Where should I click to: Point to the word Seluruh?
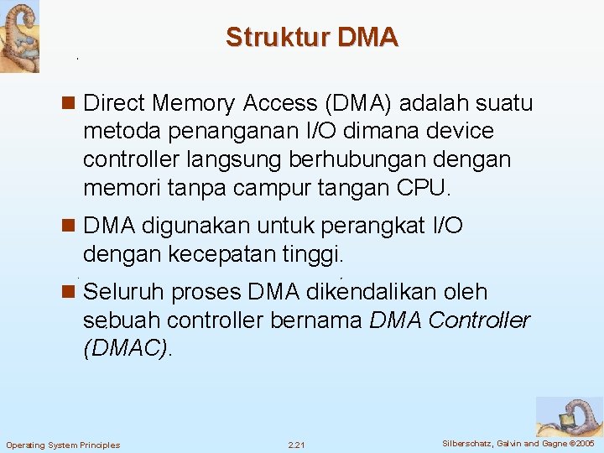(125, 293)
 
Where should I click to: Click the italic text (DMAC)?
(127, 349)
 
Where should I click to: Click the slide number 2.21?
(297, 444)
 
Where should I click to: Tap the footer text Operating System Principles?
(63, 445)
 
